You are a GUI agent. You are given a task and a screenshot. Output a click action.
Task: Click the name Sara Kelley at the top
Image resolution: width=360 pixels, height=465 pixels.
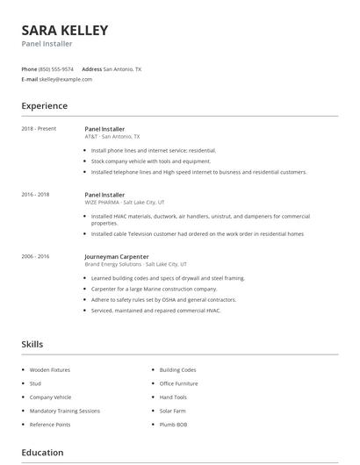point(65,31)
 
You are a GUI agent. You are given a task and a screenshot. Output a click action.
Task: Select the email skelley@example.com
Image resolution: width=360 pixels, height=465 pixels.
point(66,79)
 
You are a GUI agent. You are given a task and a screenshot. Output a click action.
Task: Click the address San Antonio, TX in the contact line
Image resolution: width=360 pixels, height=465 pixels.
point(122,68)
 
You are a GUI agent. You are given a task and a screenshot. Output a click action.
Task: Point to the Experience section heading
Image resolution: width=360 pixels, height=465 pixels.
point(44,106)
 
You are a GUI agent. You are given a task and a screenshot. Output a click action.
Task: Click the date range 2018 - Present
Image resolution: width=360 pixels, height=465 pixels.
point(39,129)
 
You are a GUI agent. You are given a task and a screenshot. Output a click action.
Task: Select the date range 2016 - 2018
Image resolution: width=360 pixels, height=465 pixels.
point(36,194)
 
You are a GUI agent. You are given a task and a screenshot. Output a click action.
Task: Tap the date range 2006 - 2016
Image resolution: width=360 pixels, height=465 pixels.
point(36,256)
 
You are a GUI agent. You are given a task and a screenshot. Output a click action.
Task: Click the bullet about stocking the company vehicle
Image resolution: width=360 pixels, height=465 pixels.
point(151,161)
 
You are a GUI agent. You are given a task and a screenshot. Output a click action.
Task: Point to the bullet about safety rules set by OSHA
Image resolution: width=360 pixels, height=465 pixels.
point(164,299)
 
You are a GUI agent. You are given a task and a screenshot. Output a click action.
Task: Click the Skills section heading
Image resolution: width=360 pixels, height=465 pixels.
point(32,345)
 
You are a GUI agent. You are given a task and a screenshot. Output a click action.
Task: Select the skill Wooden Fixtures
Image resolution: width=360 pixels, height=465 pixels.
point(50,370)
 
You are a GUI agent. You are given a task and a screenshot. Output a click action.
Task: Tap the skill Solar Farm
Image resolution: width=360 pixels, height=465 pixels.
point(174,411)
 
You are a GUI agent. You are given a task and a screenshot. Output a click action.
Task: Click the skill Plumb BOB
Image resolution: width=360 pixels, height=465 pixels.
point(174,425)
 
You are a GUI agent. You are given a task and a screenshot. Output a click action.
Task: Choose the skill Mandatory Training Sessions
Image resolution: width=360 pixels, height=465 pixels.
point(65,411)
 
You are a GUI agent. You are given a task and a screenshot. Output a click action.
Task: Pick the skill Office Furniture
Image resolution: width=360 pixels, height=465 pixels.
point(180,383)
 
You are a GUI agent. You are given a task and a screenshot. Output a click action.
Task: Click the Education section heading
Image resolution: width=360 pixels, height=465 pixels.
point(42,453)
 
